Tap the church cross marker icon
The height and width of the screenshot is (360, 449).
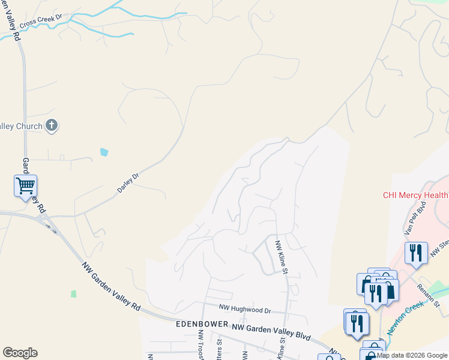click(x=52, y=125)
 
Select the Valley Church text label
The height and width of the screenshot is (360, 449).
click(x=21, y=126)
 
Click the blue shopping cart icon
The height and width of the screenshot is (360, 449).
click(x=25, y=186)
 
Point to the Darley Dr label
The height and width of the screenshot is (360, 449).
click(x=127, y=184)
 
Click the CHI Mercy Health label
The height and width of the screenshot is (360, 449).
click(x=415, y=195)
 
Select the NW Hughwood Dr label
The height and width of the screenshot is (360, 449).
click(x=245, y=310)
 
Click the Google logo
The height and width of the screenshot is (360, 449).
click(x=20, y=353)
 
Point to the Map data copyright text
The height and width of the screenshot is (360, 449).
click(x=412, y=355)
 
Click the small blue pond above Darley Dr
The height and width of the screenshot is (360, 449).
click(x=105, y=152)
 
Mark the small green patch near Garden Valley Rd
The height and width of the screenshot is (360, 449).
click(x=74, y=294)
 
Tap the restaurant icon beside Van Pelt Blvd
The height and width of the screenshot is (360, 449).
click(x=416, y=253)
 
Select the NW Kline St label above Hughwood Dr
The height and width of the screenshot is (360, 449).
click(x=279, y=255)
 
